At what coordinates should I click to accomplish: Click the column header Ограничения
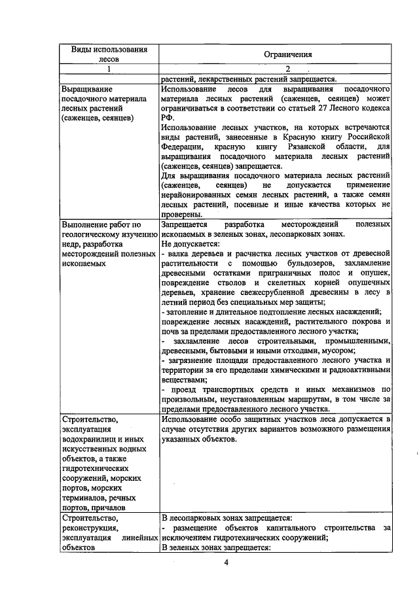click(275, 55)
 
